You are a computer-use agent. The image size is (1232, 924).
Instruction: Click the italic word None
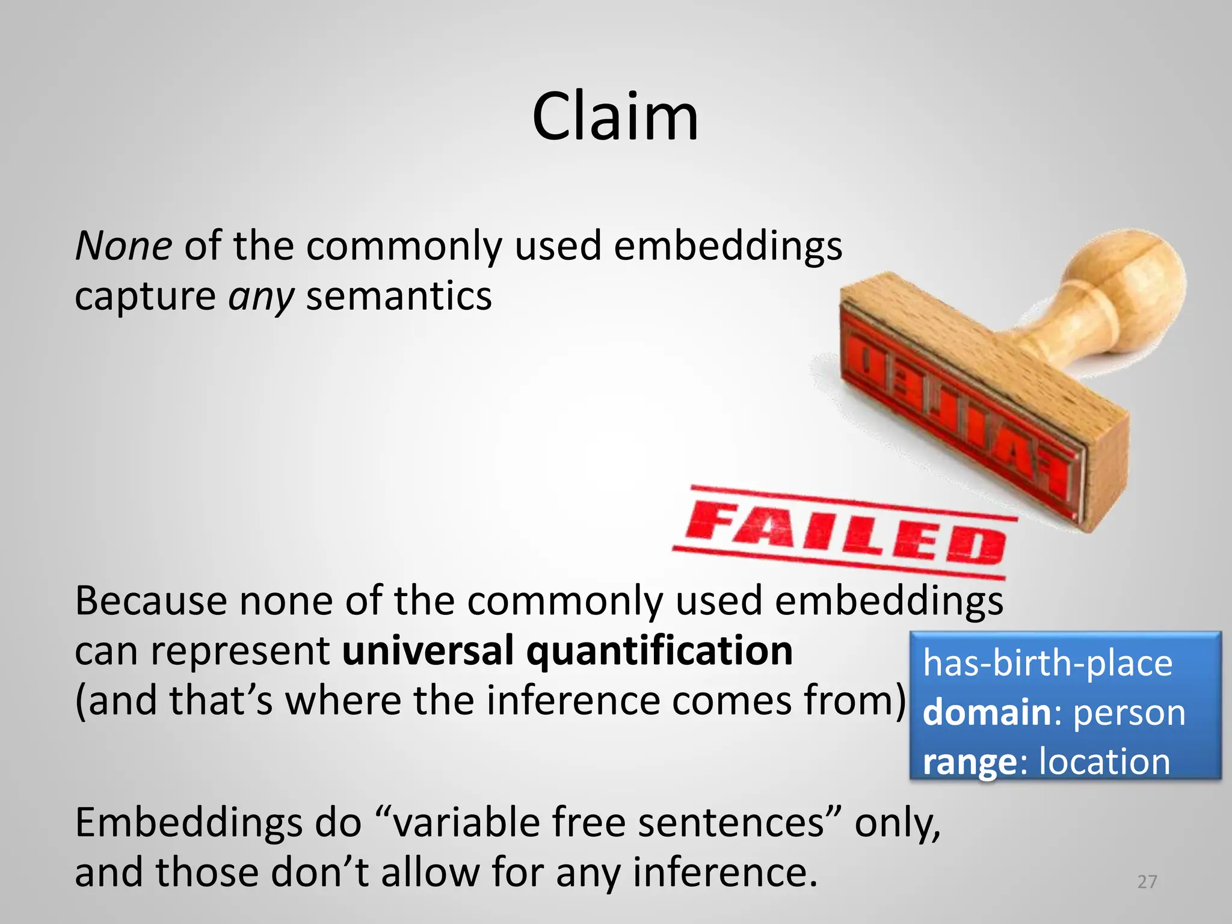pyautogui.click(x=123, y=247)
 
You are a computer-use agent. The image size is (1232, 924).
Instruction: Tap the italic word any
pyautogui.click(x=261, y=297)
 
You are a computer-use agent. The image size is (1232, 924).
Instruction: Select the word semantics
pyautogui.click(x=399, y=297)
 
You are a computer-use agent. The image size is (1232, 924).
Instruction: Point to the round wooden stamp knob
pyautogui.click(x=1131, y=283)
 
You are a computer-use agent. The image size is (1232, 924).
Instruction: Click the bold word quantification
pyautogui.click(x=659, y=651)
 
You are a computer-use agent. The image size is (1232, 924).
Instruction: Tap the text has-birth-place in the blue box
pyautogui.click(x=1047, y=664)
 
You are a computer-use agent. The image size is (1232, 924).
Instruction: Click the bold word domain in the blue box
pyautogui.click(x=987, y=713)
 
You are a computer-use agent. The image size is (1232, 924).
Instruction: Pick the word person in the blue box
pyautogui.click(x=1129, y=714)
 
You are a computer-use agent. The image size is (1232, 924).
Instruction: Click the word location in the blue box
pyautogui.click(x=1104, y=762)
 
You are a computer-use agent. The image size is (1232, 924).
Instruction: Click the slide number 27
pyautogui.click(x=1147, y=882)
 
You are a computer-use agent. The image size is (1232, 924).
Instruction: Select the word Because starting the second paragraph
pyautogui.click(x=151, y=601)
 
